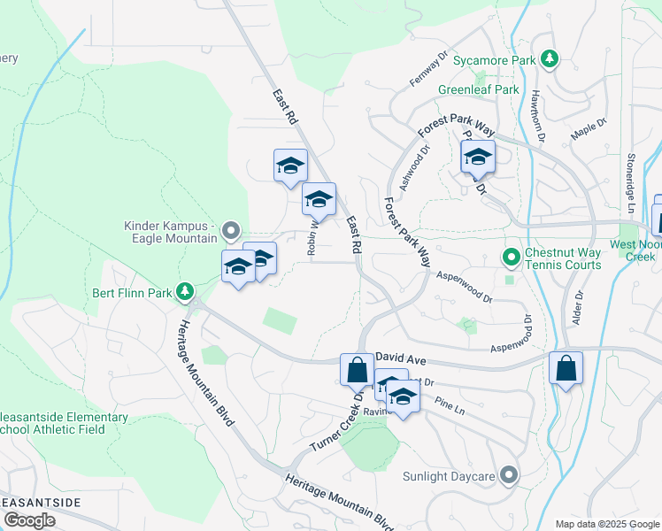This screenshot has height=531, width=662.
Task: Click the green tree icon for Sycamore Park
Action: tap(550, 59)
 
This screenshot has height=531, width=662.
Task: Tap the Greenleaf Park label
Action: tap(478, 89)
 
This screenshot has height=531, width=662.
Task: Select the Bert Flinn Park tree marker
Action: tap(185, 290)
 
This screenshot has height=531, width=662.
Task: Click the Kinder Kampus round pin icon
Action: tap(231, 232)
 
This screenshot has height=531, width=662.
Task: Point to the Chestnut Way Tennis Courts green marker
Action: tap(511, 258)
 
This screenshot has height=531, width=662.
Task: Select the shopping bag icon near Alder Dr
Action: tap(566, 367)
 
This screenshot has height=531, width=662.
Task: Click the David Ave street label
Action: tap(401, 357)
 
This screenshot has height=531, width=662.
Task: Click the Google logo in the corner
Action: tap(29, 520)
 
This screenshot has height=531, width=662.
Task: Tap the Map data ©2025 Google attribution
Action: tap(606, 524)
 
